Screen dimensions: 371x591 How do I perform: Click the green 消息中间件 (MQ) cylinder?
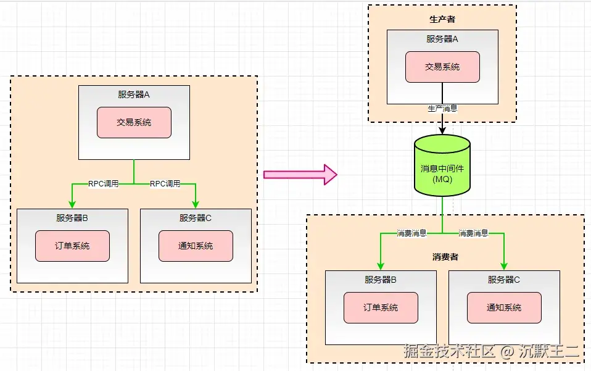442,165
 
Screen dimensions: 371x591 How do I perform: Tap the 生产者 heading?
442,19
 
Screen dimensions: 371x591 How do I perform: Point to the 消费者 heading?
445,256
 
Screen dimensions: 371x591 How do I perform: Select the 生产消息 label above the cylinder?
442,109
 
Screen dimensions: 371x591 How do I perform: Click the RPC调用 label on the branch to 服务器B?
103,183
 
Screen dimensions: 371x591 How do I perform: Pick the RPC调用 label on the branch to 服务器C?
165,183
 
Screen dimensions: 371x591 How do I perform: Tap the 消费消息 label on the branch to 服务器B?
411,233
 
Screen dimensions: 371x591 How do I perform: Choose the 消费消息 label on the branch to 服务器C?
473,233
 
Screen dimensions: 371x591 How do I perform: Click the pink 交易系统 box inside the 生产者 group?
442,67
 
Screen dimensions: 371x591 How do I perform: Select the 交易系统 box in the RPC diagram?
134,122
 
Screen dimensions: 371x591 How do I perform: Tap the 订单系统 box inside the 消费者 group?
381,307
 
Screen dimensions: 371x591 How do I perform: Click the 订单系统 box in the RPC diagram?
72,246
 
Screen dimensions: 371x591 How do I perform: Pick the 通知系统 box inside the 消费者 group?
504,307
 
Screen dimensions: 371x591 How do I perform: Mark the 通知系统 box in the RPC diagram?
196,246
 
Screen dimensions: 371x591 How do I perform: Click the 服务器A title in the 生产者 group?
442,39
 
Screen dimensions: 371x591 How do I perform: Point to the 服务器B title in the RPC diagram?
72,218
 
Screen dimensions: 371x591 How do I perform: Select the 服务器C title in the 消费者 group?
504,280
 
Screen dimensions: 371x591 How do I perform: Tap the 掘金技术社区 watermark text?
450,352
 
